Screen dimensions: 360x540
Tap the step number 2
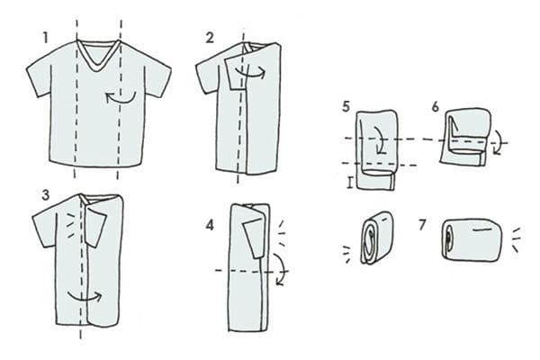pos(209,37)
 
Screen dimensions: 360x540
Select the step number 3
pos(45,194)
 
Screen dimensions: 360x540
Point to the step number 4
pos(209,223)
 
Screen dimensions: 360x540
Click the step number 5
pos(346,107)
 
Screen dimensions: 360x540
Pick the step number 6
pos(436,107)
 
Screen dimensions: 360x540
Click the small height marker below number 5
pos(350,184)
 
